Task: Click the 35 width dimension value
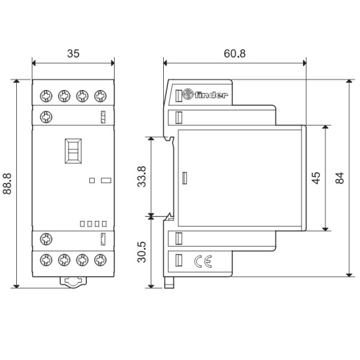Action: tap(73, 53)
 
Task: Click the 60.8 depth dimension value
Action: tap(234, 53)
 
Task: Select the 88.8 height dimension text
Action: tap(9, 183)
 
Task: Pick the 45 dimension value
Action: tap(316, 178)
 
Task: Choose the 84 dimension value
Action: tap(340, 178)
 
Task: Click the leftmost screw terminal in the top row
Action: tap(45, 95)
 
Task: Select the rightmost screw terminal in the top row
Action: tap(100, 95)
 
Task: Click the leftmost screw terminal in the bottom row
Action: tap(45, 260)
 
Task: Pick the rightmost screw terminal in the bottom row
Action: tap(100, 260)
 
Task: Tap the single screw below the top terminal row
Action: tap(45, 116)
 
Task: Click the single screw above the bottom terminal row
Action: tap(45, 239)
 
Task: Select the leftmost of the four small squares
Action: tap(82, 224)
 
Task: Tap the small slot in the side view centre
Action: tap(185, 178)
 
